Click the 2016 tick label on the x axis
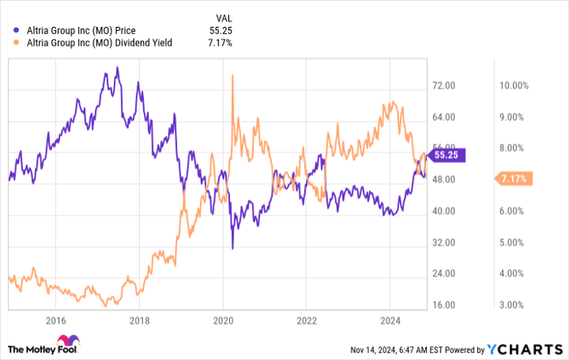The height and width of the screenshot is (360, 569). coord(56,320)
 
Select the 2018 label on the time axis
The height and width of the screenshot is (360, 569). coord(140,320)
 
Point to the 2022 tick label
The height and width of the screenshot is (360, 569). coord(306,320)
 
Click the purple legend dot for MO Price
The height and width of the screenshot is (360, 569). coord(18,31)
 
